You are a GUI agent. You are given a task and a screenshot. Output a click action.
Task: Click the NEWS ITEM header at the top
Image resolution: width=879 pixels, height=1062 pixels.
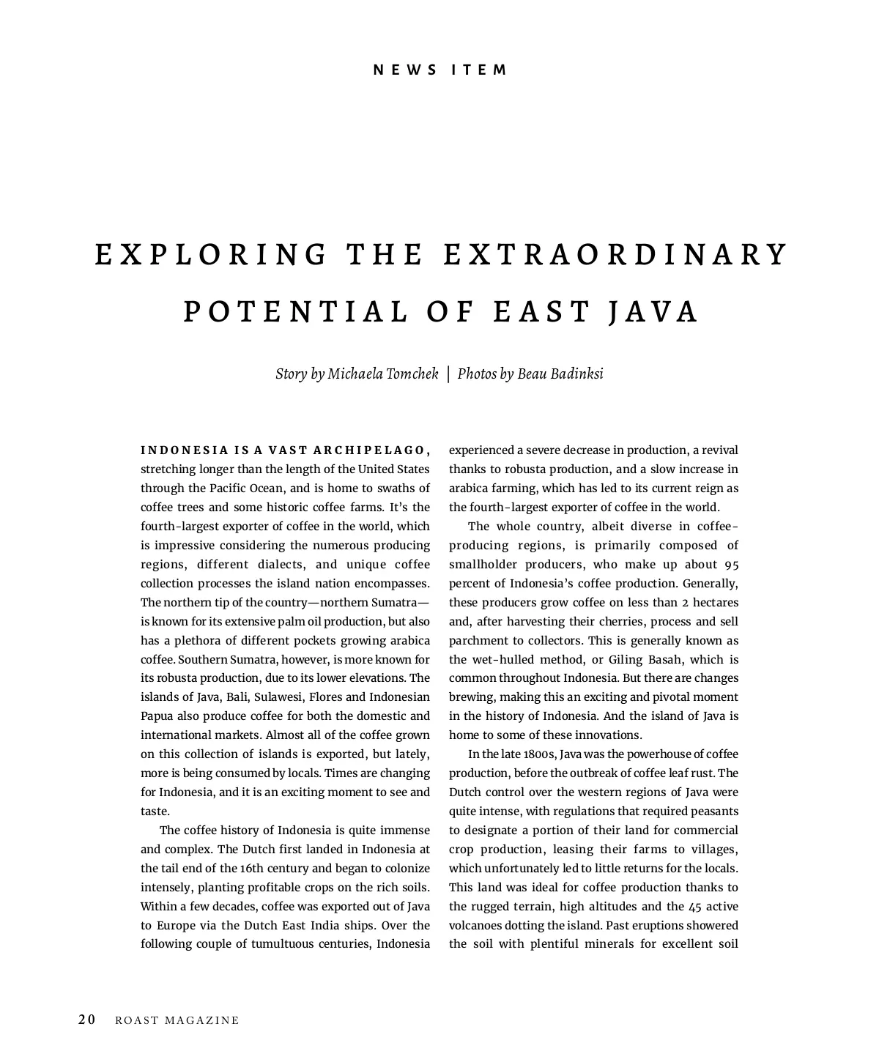pos(439,70)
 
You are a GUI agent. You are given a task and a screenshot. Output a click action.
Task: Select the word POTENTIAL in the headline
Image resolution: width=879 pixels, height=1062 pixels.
pos(296,311)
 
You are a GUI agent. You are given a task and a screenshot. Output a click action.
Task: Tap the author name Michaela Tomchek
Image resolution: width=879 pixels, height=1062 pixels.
pos(382,374)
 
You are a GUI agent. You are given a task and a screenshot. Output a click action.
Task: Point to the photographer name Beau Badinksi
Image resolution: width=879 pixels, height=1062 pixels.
pos(560,374)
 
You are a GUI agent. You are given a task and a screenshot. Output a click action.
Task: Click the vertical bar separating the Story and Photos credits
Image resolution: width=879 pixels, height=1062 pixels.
pos(448,374)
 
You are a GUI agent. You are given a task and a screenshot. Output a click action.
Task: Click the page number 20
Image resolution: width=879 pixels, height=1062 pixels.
pos(87,1020)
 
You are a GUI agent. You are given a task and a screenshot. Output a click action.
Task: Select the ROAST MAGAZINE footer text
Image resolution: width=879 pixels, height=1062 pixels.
pos(177,1020)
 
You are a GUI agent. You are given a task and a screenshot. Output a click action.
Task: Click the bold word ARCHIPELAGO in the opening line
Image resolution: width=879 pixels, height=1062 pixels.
pos(371,450)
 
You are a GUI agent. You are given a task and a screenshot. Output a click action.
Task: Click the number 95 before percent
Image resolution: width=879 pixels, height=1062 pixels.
pos(730,564)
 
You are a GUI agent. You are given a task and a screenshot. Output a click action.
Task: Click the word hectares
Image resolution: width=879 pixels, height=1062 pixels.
pos(716,602)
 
